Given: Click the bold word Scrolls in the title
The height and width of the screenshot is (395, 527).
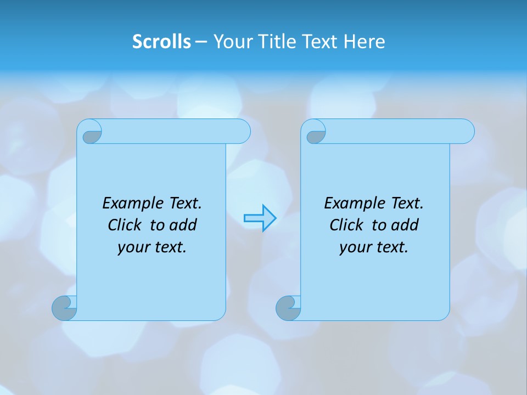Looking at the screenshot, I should (161, 41).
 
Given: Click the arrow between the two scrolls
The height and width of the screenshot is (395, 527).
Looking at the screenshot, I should (260, 218).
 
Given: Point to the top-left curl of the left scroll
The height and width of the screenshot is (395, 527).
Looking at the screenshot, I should (90, 133).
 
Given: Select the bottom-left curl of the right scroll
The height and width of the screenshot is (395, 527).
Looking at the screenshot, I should (288, 308).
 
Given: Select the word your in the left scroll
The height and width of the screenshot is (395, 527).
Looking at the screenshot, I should (132, 247).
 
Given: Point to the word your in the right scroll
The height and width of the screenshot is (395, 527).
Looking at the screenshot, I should (354, 247).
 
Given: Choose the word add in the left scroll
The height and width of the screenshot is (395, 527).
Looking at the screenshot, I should (183, 225).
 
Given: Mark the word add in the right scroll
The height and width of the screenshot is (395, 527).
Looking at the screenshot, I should (405, 225).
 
